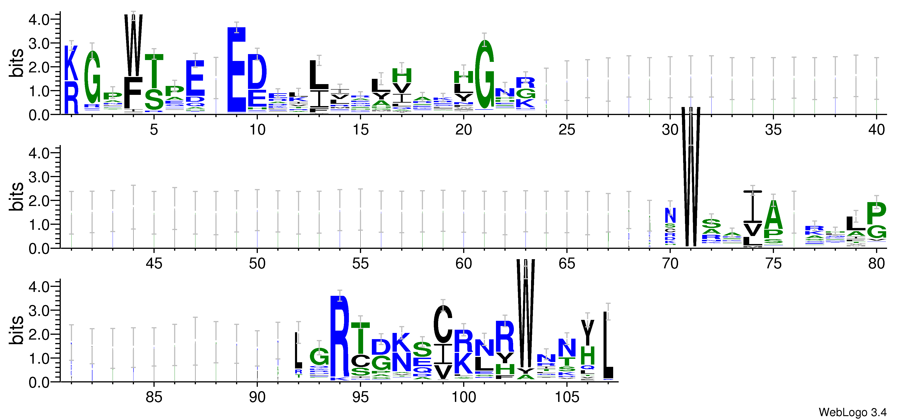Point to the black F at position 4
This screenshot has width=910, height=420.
click(x=133, y=93)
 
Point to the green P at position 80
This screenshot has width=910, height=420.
click(x=877, y=213)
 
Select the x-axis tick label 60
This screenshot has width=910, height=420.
click(x=463, y=264)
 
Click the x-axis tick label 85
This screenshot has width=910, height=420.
click(x=154, y=397)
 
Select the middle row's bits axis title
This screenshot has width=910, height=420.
click(x=16, y=197)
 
